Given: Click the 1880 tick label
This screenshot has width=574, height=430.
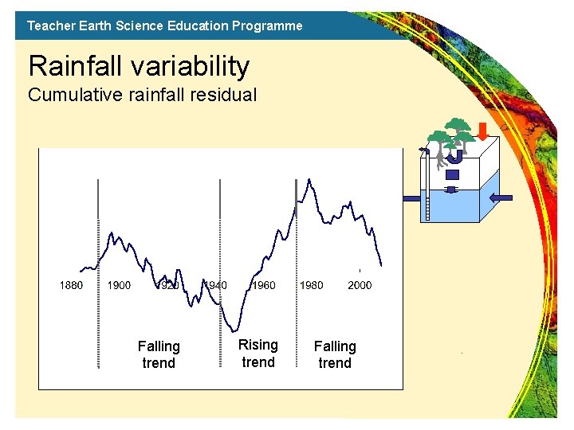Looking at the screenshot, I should (72, 285).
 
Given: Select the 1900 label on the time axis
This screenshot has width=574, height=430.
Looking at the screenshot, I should (119, 285).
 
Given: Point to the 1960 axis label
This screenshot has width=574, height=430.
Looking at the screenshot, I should (264, 285).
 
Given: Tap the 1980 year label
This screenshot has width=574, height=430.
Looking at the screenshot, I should (311, 285).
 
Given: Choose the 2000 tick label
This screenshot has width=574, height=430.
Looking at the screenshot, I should (360, 285).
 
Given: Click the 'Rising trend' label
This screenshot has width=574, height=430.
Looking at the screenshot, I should (258, 354).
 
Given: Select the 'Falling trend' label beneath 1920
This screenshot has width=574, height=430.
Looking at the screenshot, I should (159, 354).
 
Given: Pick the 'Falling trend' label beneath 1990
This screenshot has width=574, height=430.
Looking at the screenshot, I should (335, 354).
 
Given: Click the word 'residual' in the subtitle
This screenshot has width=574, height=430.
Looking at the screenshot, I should (225, 96).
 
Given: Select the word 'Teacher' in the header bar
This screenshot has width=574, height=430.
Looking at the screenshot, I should (49, 25).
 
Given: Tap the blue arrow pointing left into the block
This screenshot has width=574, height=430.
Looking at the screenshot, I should (501, 198).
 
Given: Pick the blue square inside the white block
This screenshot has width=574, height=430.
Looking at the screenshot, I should (453, 174).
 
